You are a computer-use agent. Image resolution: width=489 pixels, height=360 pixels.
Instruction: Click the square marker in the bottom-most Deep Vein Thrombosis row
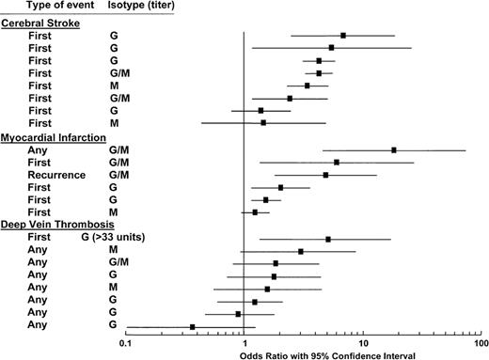[x=193, y=326]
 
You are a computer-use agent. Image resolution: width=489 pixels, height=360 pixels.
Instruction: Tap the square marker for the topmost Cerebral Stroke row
[x=343, y=35]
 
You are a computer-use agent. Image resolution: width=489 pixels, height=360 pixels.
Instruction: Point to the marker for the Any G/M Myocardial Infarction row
[x=394, y=149]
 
